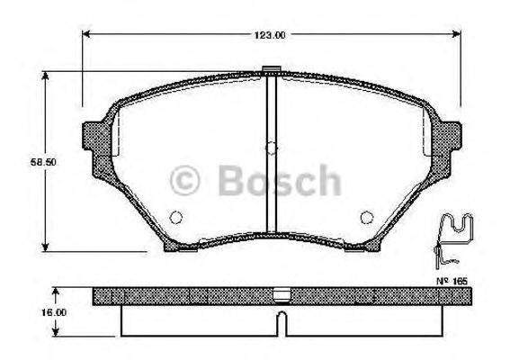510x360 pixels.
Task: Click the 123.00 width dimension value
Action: pyautogui.click(x=267, y=35)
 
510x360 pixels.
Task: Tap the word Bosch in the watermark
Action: pyautogui.click(x=278, y=179)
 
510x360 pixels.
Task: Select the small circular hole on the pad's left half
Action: pyautogui.click(x=176, y=216)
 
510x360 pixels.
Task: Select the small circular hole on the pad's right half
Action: pyautogui.click(x=366, y=216)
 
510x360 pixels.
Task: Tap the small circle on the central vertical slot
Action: pyautogui.click(x=271, y=149)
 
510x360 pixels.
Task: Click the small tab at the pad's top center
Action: pyautogui.click(x=271, y=68)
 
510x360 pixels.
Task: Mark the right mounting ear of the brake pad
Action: pyautogui.click(x=449, y=140)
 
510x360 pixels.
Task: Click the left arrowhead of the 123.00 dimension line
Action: pyautogui.click(x=86, y=35)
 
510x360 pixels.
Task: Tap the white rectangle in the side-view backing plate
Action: pyautogui.click(x=281, y=293)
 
